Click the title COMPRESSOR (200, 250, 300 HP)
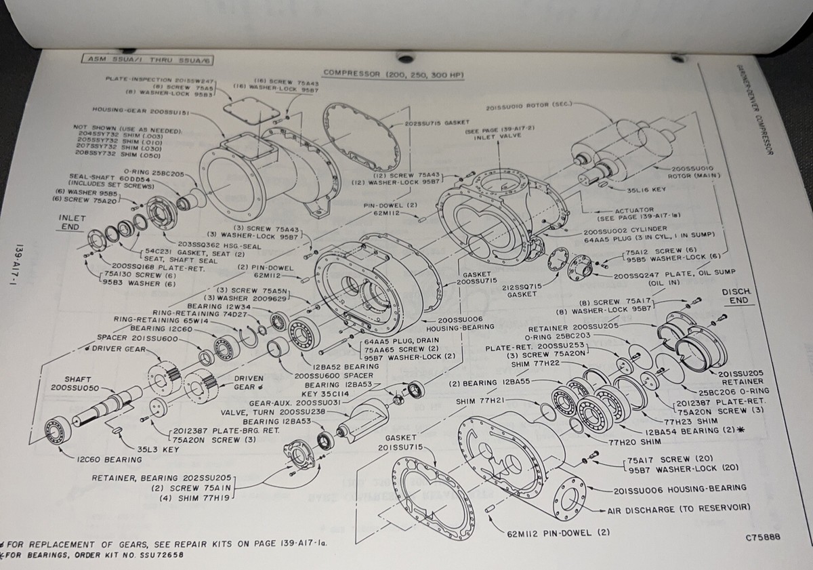(393, 73)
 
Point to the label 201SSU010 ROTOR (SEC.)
(530, 106)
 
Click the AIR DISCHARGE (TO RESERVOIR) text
(673, 508)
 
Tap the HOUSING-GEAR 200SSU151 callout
(140, 110)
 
